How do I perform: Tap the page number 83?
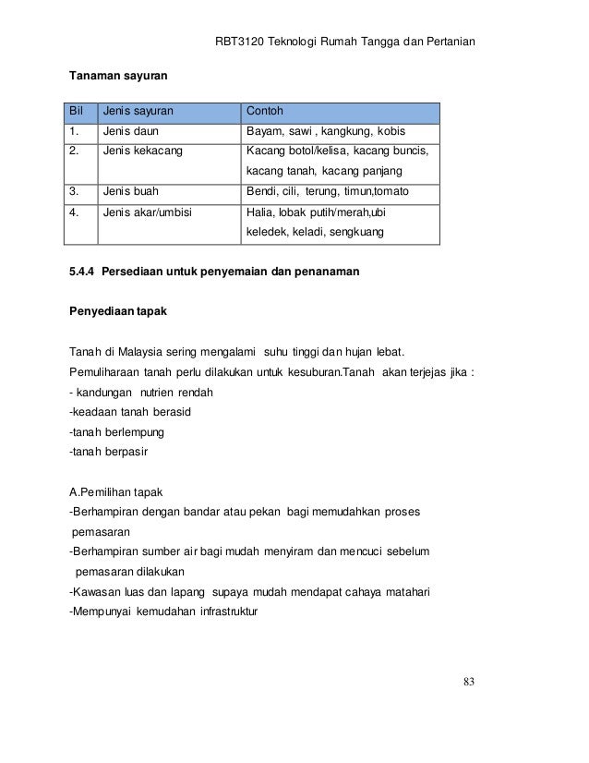click(469, 683)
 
